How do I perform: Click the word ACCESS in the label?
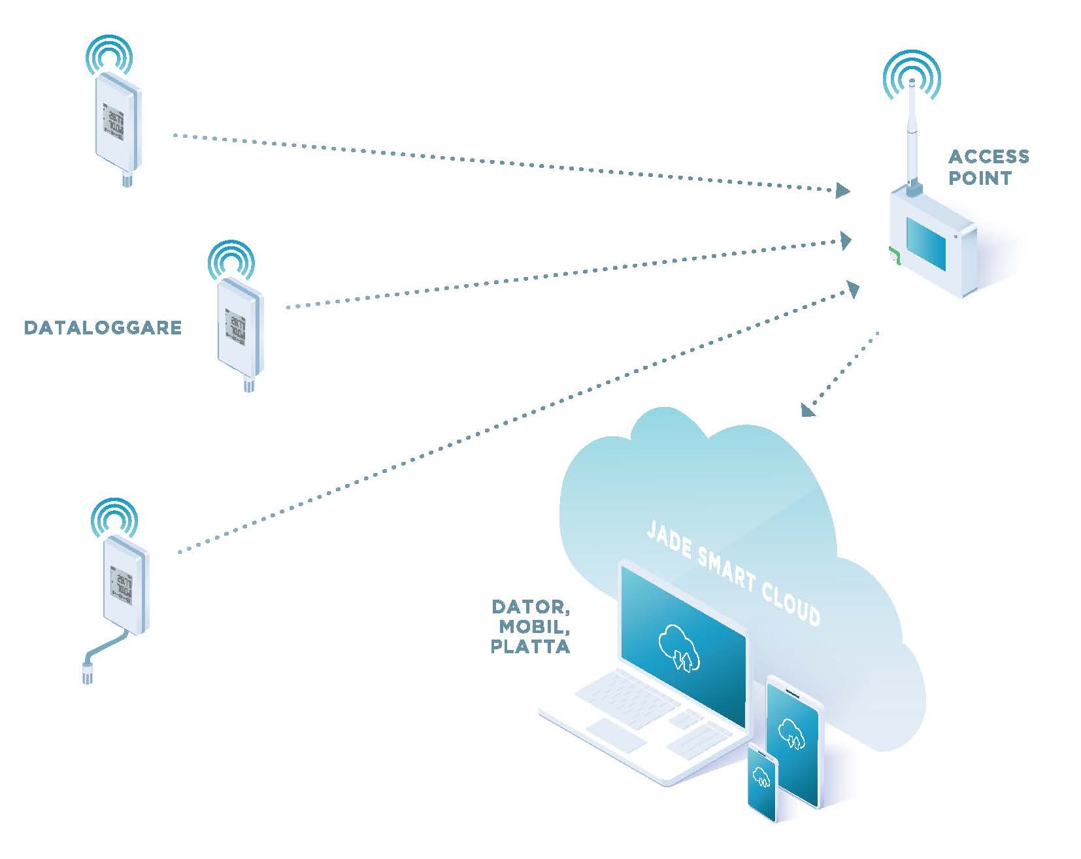tap(988, 157)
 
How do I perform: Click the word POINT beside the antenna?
tap(980, 178)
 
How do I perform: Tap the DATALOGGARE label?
tap(103, 327)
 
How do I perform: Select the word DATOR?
tap(531, 608)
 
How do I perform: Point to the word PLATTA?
tap(530, 647)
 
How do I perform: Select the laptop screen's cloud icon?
tap(680, 647)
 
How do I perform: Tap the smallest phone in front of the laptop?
tap(761, 781)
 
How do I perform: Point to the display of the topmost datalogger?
tap(114, 121)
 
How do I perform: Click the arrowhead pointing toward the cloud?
tap(809, 409)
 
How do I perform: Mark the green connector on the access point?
tap(893, 255)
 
